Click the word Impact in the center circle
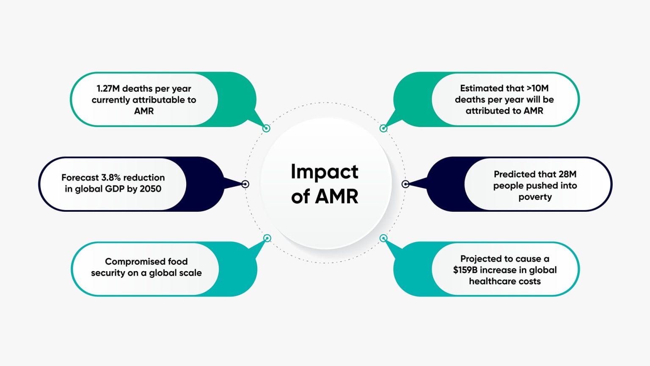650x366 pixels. [x=324, y=172]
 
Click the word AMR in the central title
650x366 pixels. [x=337, y=197]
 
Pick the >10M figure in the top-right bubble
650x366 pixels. [x=537, y=88]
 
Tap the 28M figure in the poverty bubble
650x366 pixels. [x=567, y=174]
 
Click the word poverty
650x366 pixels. [x=535, y=197]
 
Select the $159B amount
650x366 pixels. [x=465, y=270]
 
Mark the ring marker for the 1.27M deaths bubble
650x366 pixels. [x=266, y=128]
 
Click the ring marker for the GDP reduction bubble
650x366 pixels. [x=245, y=184]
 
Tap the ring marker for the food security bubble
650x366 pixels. [x=267, y=238]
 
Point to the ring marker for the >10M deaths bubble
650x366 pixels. [x=383, y=128]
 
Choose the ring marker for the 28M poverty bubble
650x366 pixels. [x=405, y=184]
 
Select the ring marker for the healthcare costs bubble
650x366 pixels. [x=383, y=238]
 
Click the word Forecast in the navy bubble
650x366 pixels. [x=80, y=177]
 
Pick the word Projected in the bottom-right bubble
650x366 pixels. [x=479, y=259]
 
